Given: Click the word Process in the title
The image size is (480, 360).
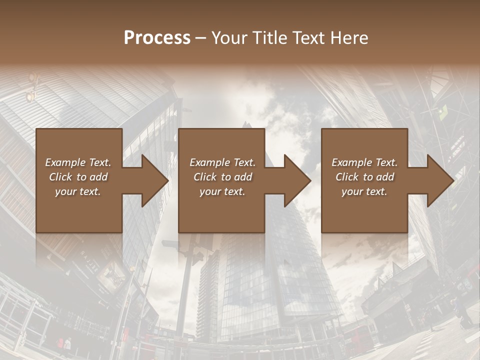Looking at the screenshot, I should click(157, 38).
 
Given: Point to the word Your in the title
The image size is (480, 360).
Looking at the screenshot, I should click(229, 38).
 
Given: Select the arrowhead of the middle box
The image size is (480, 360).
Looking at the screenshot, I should click(296, 180).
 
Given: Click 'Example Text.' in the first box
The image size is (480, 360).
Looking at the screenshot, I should click(78, 162).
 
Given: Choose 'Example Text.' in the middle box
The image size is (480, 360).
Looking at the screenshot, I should click(222, 162).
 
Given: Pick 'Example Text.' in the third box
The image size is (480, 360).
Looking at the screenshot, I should click(364, 162).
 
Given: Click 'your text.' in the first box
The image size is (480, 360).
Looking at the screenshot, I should click(78, 191).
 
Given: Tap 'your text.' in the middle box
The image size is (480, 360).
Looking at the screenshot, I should click(222, 191).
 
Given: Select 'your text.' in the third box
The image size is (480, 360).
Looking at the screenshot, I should click(364, 191).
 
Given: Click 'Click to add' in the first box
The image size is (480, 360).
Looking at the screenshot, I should click(78, 177).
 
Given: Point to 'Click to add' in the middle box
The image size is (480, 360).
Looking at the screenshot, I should click(222, 177).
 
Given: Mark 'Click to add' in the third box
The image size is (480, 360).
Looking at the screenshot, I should click(364, 177).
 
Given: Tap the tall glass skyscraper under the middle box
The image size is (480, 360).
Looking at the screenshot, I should click(280, 280).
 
